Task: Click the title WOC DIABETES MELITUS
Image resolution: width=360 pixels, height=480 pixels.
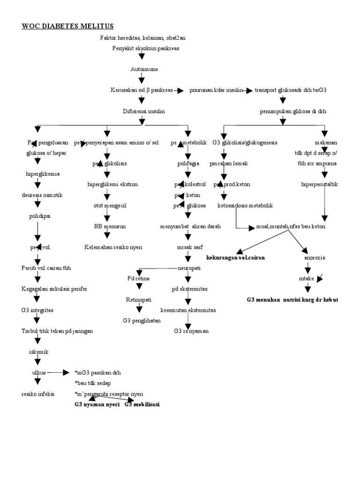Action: coord(67,26)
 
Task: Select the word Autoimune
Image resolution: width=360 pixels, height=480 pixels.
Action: coord(144,69)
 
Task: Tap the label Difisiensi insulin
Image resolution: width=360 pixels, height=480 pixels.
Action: coord(143,111)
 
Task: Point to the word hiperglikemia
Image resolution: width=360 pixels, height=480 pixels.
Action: coord(43,173)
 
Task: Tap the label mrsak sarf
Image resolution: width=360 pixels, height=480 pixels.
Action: coord(186,247)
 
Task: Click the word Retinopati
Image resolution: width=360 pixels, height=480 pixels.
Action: coord(138,299)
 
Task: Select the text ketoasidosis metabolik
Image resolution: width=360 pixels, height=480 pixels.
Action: coord(245,205)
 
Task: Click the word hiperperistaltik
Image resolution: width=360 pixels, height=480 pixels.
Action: coord(319,184)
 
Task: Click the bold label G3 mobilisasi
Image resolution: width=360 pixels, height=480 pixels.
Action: coord(142,404)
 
